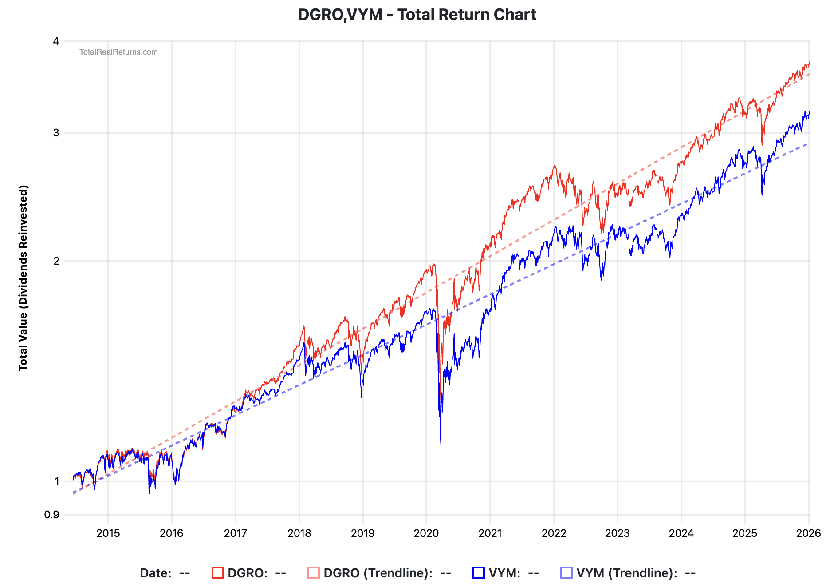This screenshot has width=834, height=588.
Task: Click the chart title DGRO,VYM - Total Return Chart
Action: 417,15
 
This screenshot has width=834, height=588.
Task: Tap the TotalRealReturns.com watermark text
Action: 118,52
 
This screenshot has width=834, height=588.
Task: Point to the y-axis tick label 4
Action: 56,41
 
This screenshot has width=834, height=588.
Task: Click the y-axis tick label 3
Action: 56,133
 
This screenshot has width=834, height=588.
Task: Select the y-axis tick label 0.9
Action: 52,515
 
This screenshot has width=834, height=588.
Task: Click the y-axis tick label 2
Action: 56,261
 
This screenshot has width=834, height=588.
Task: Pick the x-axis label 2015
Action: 108,533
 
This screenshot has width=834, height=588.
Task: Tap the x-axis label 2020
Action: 426,533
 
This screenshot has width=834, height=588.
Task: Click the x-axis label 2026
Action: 808,533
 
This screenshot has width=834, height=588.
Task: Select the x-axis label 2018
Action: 299,533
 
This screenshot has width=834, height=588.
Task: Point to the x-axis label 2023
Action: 617,533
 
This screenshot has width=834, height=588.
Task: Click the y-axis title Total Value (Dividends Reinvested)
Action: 23,278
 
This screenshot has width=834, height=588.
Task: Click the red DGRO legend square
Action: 218,573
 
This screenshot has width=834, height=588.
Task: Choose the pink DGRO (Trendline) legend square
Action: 314,573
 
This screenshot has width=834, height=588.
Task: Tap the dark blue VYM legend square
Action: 479,573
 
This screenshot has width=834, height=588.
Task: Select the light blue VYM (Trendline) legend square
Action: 566,573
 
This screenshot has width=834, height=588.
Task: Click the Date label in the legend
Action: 155,573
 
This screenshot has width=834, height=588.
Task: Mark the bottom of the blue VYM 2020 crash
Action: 441,445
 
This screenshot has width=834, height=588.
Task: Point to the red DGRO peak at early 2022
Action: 555,166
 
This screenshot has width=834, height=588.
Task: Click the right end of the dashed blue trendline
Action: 809,143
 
